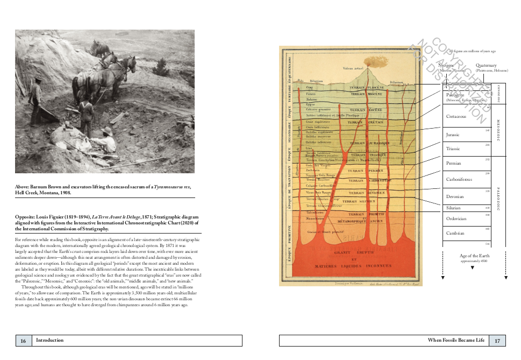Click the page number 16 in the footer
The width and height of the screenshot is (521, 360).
pos(23,340)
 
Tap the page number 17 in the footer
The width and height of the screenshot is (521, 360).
pos(497,340)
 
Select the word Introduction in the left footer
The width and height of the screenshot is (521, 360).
pos(49,340)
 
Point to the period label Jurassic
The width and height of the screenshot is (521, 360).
pos(453,135)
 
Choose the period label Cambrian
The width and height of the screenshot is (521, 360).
pos(455,233)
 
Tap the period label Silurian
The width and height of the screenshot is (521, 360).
pos(453,208)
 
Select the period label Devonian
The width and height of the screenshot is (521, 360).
pos(455,197)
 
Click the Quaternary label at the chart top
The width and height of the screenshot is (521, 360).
pos(486,66)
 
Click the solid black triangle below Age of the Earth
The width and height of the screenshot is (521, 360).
pos(472,267)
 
